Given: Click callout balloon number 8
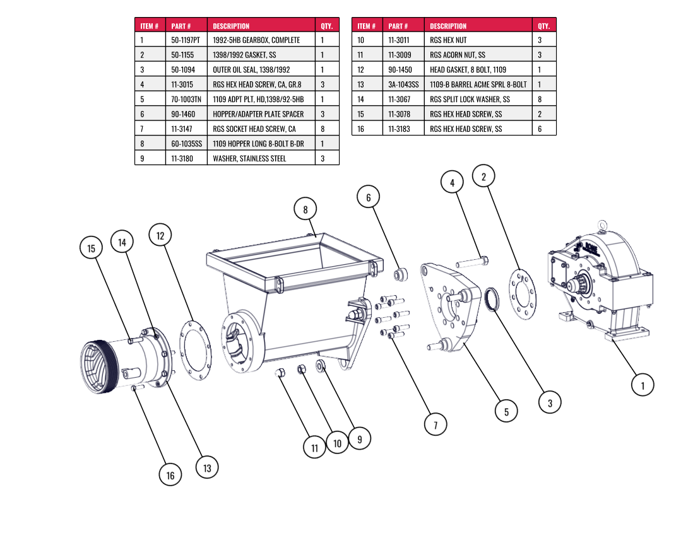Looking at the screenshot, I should coord(305,209).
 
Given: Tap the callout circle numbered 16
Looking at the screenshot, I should coord(170,475).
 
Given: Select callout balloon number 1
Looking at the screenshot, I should coord(643,384).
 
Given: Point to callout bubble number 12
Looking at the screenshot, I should coord(160,235).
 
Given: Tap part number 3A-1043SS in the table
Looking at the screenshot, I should coord(403,84).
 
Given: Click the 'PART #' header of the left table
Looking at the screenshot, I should coord(181,26).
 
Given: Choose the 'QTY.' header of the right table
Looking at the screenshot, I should coord(543,26).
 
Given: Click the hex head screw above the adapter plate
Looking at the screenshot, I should coord(471,260).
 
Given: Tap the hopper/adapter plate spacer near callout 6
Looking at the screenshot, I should coord(400,276).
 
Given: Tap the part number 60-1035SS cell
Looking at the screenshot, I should coord(186,144).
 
